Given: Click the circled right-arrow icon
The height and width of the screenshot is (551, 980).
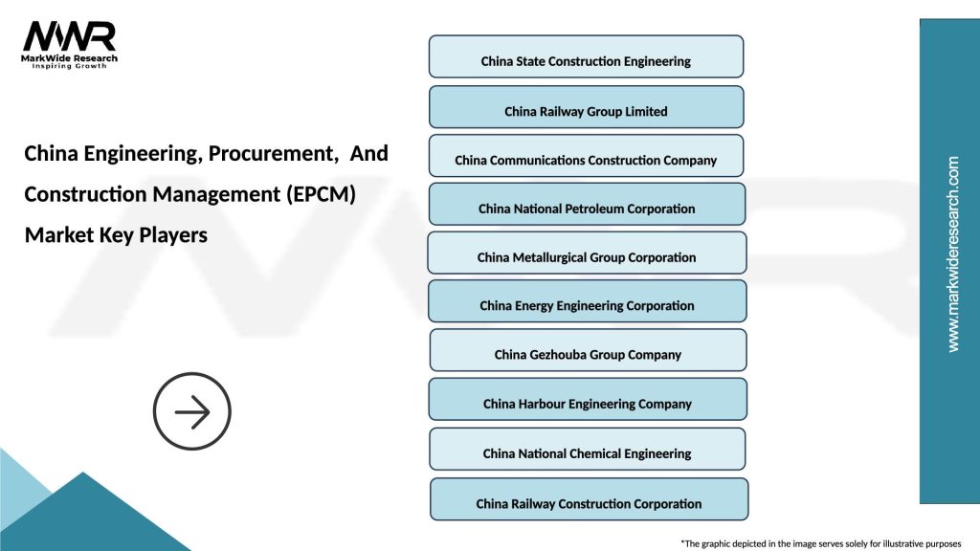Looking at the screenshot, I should click(192, 412).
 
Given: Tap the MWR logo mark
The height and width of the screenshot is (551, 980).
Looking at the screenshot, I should click(69, 36).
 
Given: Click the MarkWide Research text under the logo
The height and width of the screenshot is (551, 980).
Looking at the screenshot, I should click(70, 59).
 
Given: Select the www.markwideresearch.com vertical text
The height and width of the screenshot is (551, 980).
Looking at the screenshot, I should click(952, 254).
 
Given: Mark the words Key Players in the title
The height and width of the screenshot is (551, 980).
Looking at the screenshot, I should click(153, 235).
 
